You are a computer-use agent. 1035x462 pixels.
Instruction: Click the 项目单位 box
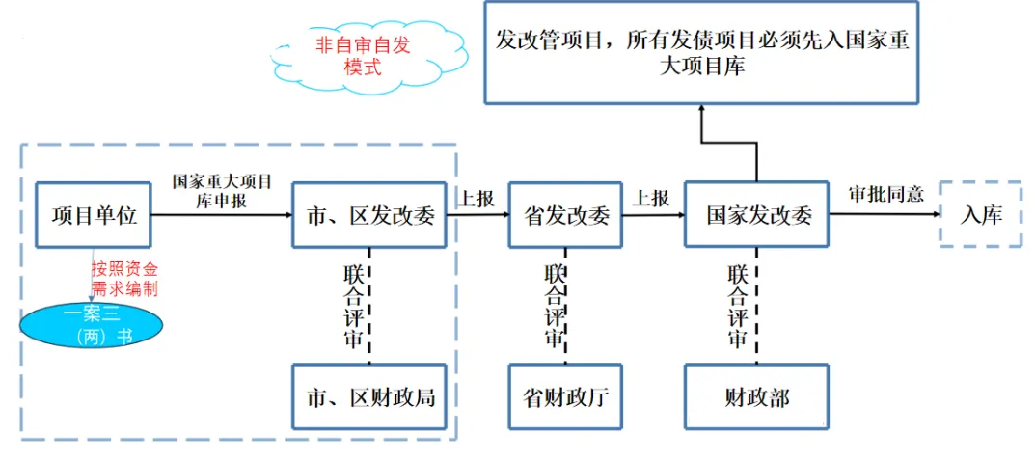click(94, 215)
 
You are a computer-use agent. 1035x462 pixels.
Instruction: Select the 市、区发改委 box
click(369, 215)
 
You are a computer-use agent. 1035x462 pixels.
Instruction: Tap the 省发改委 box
click(565, 215)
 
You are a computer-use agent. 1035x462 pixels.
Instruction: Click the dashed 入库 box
click(980, 214)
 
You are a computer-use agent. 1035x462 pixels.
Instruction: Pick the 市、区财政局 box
click(369, 396)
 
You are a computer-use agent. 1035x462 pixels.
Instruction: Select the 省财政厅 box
click(565, 396)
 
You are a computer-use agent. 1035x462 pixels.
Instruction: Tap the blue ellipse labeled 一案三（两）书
click(93, 324)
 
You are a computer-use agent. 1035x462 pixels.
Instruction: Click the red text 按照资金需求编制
click(124, 278)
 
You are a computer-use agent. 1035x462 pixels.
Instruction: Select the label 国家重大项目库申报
click(222, 191)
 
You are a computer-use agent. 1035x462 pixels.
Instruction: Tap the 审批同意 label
click(885, 193)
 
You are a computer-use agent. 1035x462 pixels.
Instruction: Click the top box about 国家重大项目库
click(701, 53)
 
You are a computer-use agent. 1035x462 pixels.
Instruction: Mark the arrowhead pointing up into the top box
click(701, 109)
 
